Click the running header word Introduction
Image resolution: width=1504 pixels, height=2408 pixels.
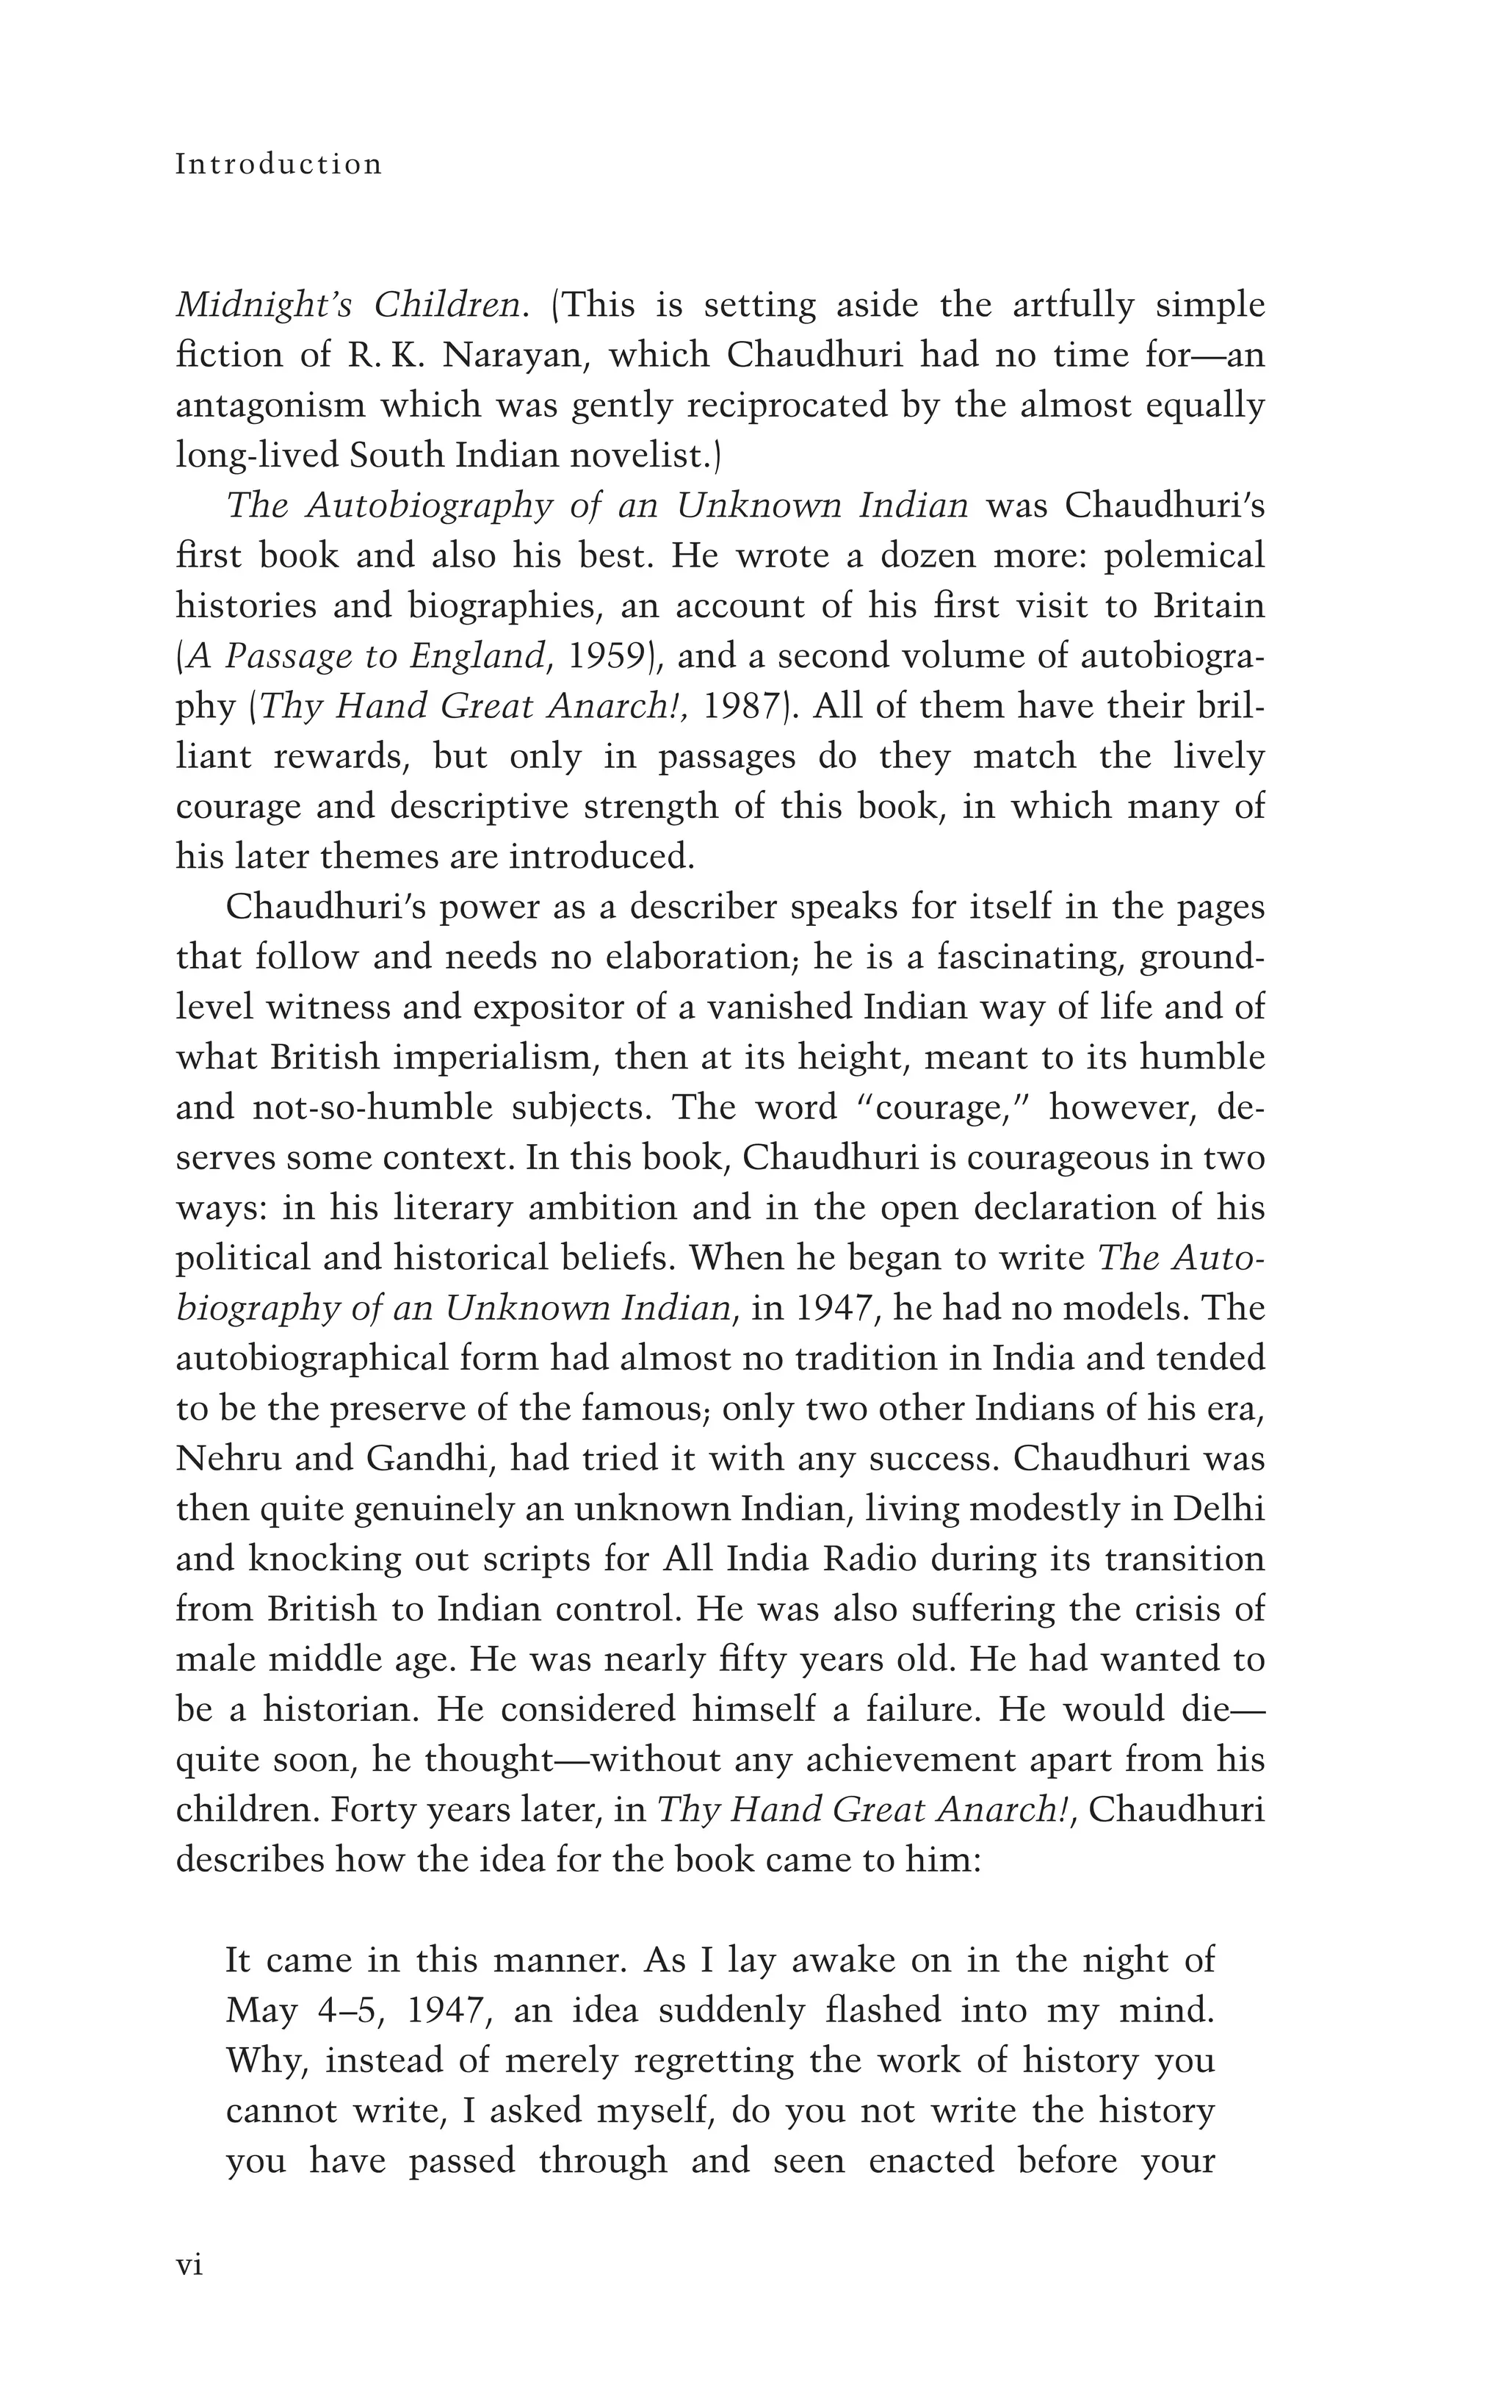pos(278,164)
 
